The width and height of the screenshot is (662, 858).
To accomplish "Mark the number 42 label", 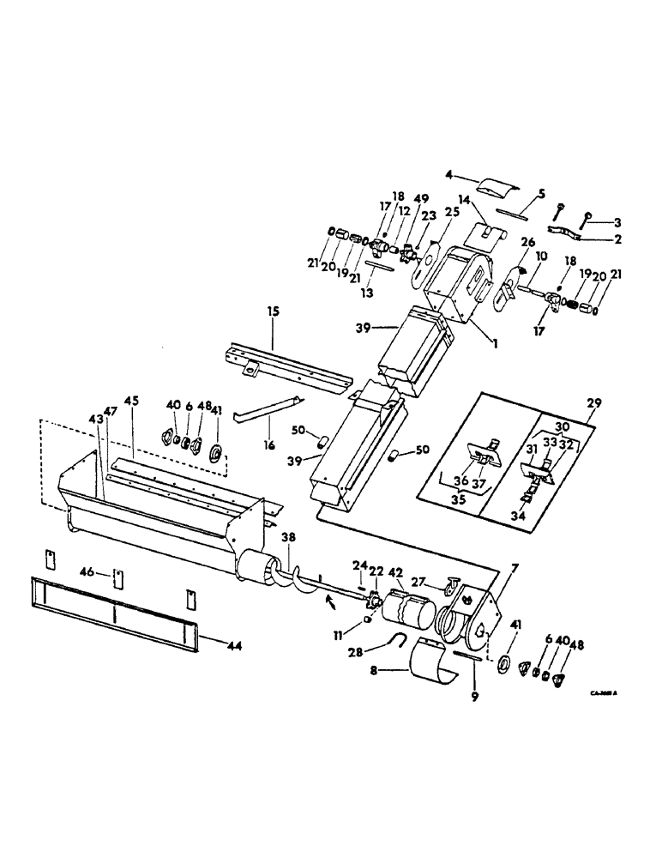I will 395,572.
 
